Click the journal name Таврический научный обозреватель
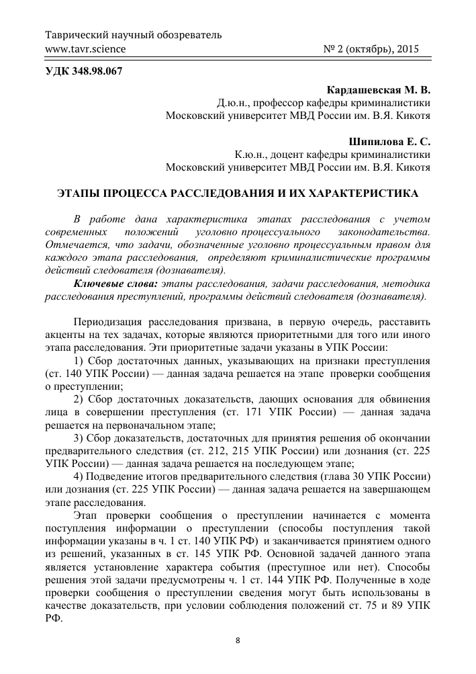tap(133, 35)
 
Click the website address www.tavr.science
tap(85, 49)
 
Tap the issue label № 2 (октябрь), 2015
tap(377, 49)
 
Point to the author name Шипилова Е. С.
tap(390, 142)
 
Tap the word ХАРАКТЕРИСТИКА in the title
tap(367, 194)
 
